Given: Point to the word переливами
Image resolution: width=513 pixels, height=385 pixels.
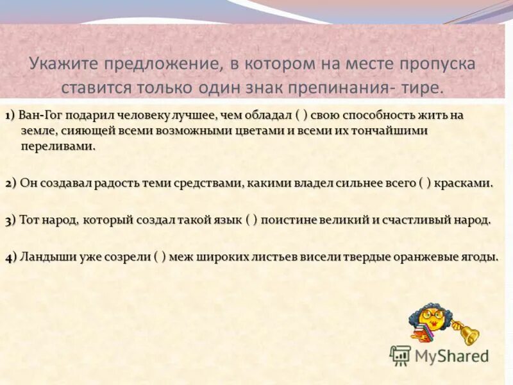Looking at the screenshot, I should click(58, 146).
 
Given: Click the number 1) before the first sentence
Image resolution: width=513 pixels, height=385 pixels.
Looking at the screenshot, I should click(11, 116).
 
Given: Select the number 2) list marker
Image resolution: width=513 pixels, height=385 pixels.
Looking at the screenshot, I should click(12, 183).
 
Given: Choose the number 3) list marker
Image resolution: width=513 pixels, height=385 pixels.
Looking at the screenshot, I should click(12, 220).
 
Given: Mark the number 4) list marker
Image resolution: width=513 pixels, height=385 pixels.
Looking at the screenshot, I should click(12, 257).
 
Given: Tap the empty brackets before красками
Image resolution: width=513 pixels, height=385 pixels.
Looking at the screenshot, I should click(425, 183).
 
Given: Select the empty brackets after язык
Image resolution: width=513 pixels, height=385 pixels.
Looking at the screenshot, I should click(251, 220).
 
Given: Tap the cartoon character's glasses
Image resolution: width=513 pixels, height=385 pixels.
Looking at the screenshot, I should click(428, 316).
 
